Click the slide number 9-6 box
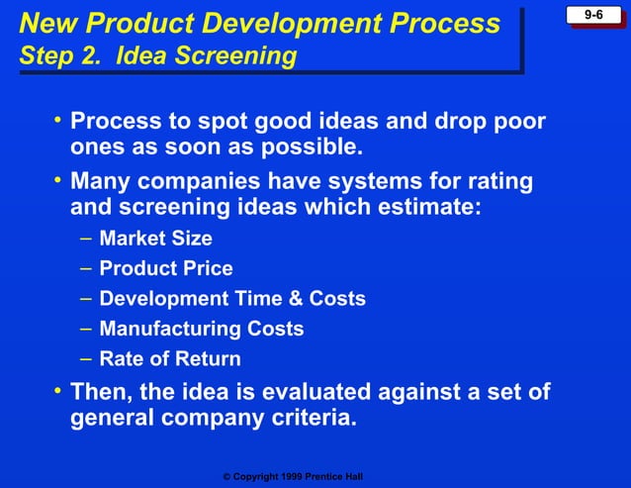pos(594,15)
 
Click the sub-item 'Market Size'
pos(155,239)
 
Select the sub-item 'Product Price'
pos(166,268)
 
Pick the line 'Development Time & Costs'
pos(232,298)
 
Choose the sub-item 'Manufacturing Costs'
pos(202,329)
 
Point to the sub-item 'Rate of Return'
pos(170,358)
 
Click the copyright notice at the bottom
pos(293,477)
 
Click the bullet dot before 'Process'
pos(58,121)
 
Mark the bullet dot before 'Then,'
pos(58,390)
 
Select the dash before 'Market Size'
pos(85,239)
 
